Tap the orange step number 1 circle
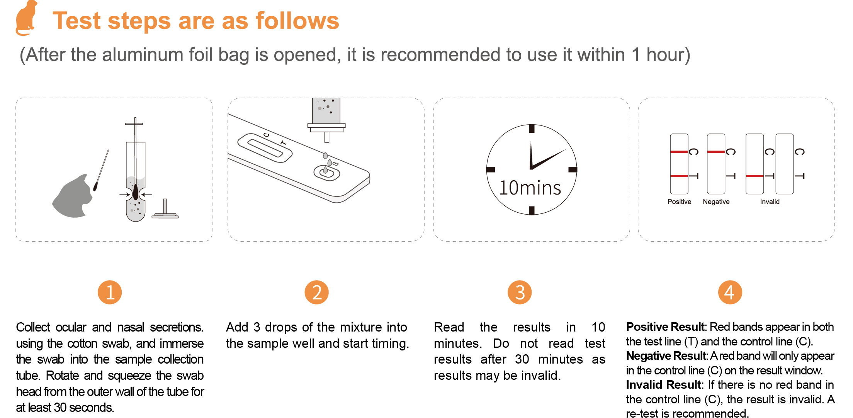110,292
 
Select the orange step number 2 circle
317,292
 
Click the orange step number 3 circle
520,292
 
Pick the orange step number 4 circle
730,292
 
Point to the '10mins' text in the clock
530,188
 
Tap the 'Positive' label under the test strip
679,202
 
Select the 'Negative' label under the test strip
716,202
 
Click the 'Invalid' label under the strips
770,202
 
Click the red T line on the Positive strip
679,176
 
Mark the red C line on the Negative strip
716,152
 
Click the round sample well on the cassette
327,173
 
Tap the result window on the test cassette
265,148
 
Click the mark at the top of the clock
532,129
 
